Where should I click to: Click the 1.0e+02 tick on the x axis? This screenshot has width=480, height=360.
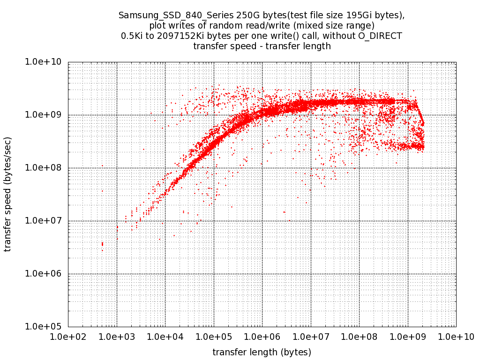[68, 337]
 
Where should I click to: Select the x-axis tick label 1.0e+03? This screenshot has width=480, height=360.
[117, 337]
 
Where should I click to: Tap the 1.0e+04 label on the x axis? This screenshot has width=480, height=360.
[165, 337]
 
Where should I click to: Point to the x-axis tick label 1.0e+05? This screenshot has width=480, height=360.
[214, 337]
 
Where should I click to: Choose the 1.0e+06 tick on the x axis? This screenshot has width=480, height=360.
[262, 337]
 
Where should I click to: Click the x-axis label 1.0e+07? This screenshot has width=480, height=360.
[311, 337]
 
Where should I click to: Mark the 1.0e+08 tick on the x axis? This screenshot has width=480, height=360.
[359, 337]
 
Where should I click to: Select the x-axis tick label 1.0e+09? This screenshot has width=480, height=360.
[408, 337]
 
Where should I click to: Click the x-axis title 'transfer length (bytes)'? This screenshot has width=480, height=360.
[262, 352]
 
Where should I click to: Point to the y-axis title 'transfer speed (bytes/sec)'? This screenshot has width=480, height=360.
[8, 194]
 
